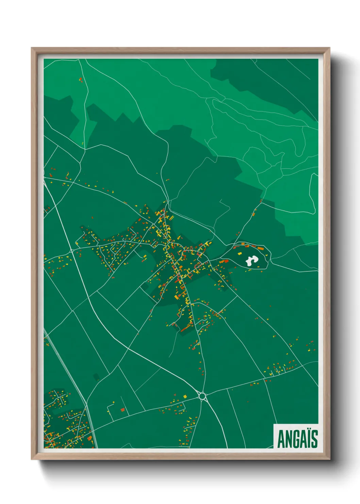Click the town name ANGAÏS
297,439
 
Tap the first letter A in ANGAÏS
281,439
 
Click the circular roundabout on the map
202,396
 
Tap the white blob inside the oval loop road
251,261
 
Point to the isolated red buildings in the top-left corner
81,80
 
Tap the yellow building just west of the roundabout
185,396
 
